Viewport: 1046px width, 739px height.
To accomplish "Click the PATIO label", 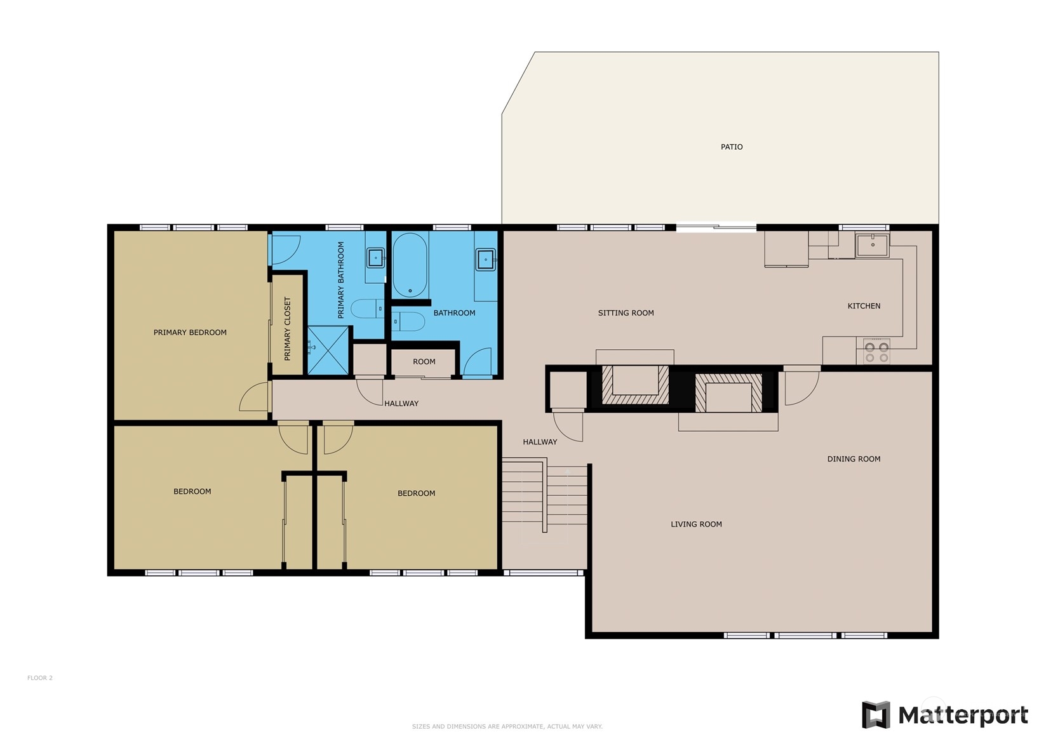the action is [x=731, y=147].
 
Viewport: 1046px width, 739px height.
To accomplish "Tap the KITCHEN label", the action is [x=864, y=306].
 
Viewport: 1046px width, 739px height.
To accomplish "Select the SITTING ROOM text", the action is [x=626, y=313].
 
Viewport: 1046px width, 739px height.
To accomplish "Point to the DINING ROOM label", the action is [x=854, y=459].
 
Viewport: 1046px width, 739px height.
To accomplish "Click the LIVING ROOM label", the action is [x=696, y=524].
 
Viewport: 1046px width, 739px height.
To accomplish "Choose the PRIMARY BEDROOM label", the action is [x=190, y=333].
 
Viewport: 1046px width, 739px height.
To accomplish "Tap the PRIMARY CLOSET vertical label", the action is [x=287, y=329].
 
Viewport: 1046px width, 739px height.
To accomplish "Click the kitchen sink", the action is [x=872, y=246].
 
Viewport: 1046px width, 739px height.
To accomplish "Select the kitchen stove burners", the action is [x=876, y=352].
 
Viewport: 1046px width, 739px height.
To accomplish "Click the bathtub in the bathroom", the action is [x=410, y=265].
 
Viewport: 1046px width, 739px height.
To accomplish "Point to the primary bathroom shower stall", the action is [x=328, y=350].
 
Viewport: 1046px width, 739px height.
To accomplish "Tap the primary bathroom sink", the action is [x=375, y=258].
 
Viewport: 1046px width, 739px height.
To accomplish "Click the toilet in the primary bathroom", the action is [x=368, y=309].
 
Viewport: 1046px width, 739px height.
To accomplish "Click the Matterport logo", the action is [x=944, y=715].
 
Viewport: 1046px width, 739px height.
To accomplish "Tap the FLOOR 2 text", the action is [x=40, y=678].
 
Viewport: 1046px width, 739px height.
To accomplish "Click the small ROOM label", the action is [x=424, y=362].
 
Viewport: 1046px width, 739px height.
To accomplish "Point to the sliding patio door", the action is [x=716, y=228].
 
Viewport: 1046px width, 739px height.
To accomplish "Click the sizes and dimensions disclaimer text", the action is [x=507, y=726].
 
